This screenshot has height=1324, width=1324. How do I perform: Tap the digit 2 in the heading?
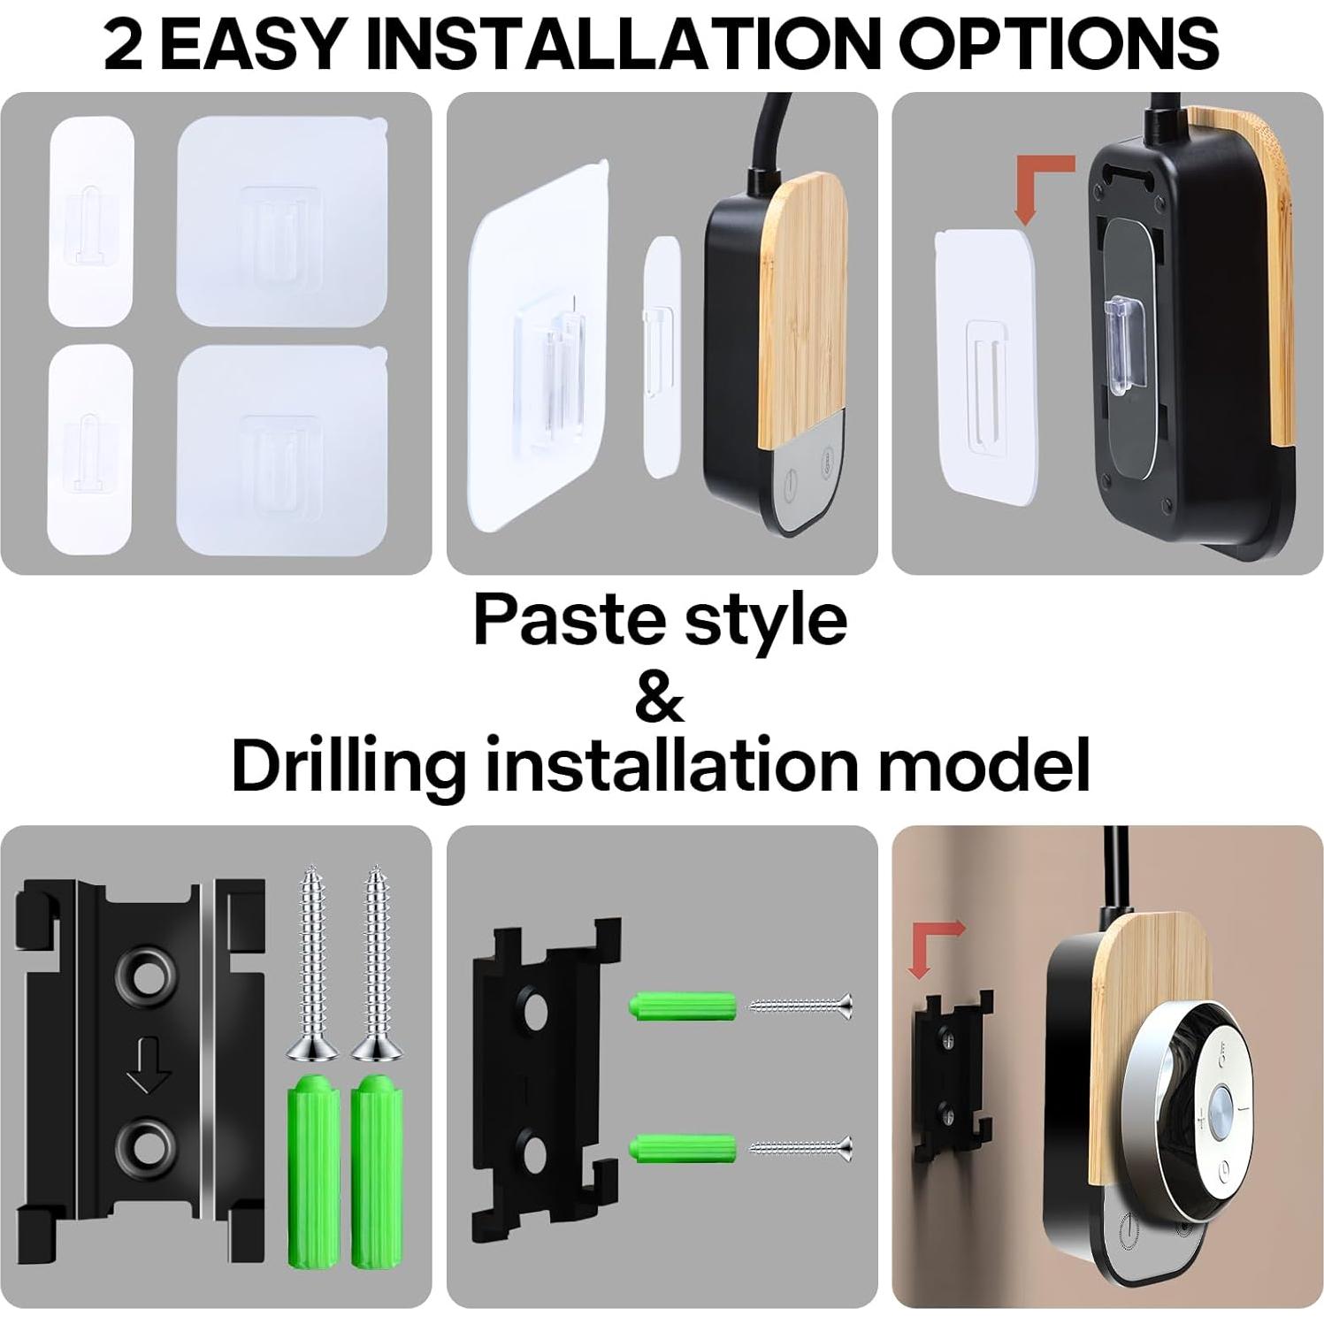click(x=123, y=42)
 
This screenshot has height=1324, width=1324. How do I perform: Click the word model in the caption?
click(x=983, y=766)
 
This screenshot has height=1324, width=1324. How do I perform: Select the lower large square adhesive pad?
click(x=282, y=448)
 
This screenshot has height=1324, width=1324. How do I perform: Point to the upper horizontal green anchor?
click(x=683, y=1006)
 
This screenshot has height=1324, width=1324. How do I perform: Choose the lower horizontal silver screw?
click(x=801, y=1148)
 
